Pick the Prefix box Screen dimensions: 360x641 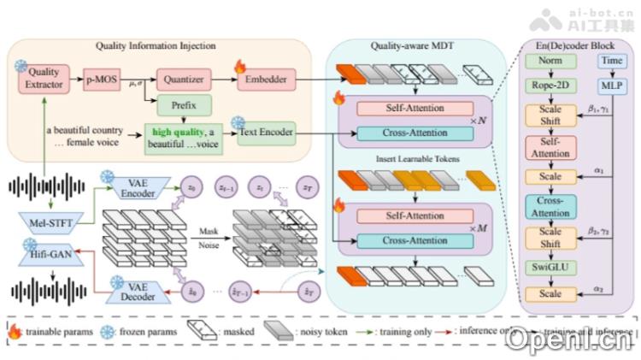point(177,107)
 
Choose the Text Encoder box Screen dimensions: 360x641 point(267,133)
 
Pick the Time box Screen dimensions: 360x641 point(612,62)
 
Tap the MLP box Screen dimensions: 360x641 point(612,86)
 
